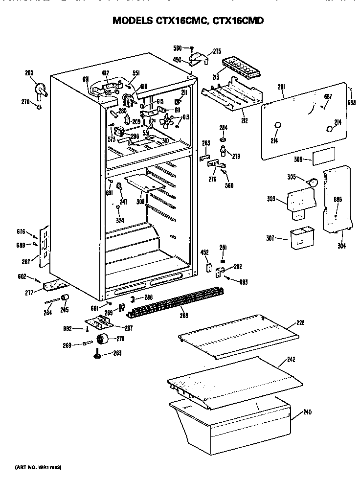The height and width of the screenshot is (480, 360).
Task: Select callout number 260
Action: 29,73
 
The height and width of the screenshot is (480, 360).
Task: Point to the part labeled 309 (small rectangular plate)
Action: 323,157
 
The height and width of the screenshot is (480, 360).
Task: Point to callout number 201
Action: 281,87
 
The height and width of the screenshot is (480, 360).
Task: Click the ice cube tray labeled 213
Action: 239,67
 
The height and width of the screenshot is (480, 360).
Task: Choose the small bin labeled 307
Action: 301,238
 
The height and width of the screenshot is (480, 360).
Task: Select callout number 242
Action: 291,360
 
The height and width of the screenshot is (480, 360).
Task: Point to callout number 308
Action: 141,201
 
